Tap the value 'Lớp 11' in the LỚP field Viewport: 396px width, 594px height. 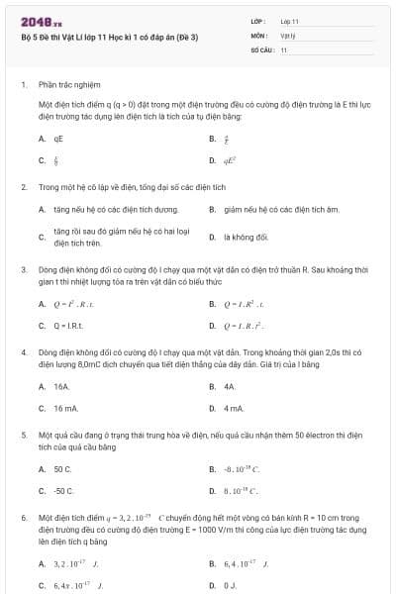coord(290,21)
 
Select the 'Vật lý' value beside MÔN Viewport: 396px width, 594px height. coord(288,35)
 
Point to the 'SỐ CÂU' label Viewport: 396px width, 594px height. coord(261,49)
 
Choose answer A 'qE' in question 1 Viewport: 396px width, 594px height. coord(59,141)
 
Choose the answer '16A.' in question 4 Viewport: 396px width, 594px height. coord(62,386)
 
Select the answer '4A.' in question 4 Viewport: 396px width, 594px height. coord(230,386)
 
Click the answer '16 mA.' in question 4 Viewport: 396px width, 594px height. coord(66,408)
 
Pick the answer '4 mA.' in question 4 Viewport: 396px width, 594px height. coord(234,408)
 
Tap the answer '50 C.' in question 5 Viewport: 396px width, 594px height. coord(63,469)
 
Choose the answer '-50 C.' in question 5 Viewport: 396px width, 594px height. coord(65,491)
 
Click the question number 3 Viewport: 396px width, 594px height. coord(23,268)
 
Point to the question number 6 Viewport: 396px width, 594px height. coord(23,518)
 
